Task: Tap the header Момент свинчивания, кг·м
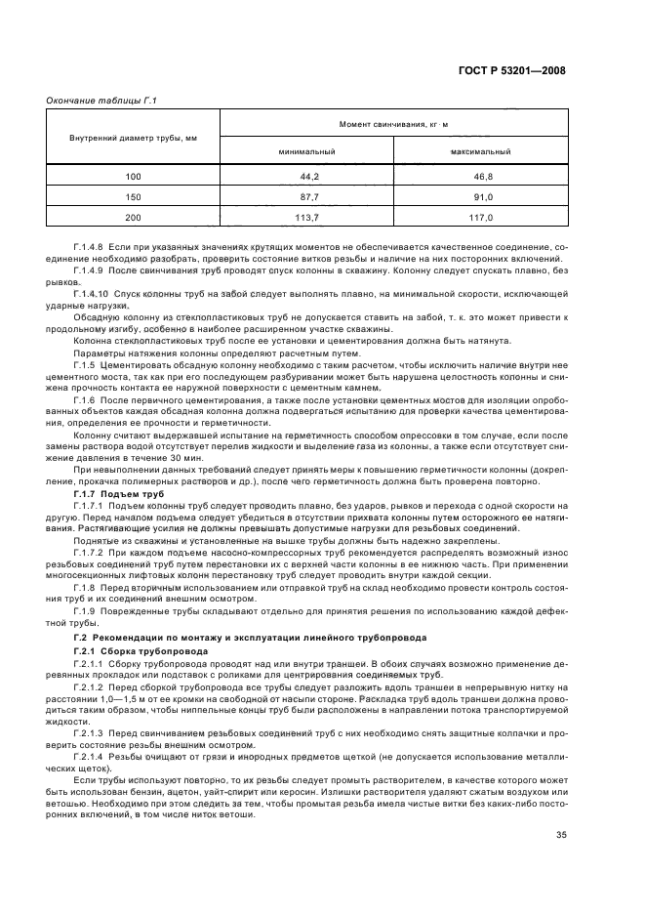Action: (x=394, y=125)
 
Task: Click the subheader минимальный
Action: (x=306, y=152)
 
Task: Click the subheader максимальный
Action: (x=481, y=152)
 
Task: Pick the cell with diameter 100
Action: (x=133, y=177)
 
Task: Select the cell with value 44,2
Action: (x=306, y=177)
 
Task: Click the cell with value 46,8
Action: (x=481, y=177)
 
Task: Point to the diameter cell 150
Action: (x=133, y=197)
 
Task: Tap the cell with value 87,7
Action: (x=306, y=197)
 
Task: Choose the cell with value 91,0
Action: (x=481, y=197)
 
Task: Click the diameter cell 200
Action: (x=133, y=218)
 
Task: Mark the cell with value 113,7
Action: (x=306, y=218)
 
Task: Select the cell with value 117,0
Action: (x=481, y=218)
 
